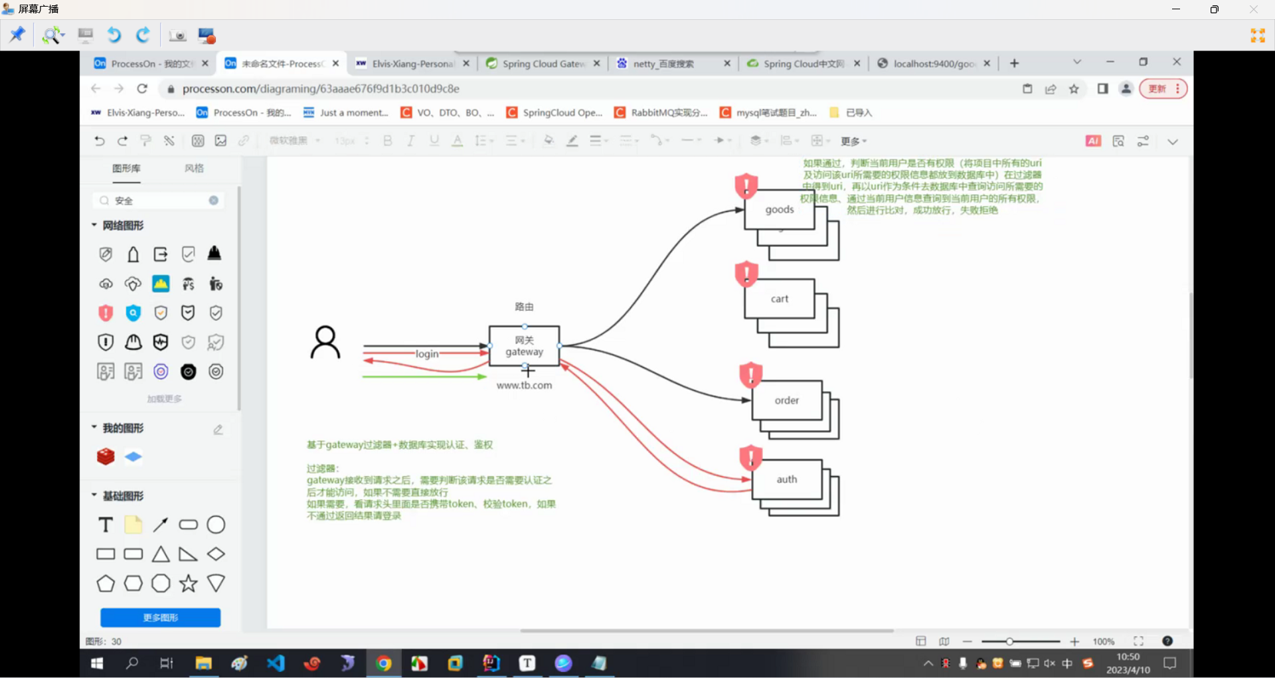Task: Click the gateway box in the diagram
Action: tap(524, 346)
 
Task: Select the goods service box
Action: tap(779, 210)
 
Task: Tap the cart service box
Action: tap(779, 299)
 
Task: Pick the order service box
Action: tap(786, 400)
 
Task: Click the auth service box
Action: tap(786, 479)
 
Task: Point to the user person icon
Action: tap(325, 342)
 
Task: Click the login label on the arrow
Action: tap(427, 354)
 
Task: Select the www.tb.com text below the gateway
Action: tap(524, 385)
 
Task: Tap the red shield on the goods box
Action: tap(746, 185)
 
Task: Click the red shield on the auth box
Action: tap(750, 458)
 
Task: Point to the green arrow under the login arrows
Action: tap(425, 377)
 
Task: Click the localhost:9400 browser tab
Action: tap(933, 64)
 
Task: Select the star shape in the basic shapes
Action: tap(189, 584)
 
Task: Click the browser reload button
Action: tap(142, 89)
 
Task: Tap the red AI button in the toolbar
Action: tap(1093, 141)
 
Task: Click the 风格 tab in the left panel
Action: tap(194, 169)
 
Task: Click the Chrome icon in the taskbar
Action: tap(384, 663)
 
